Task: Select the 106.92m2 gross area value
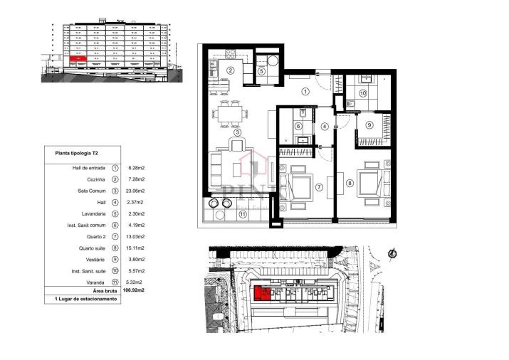pyautogui.click(x=135, y=290)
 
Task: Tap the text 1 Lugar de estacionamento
pyautogui.click(x=85, y=300)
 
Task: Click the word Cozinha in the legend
pyautogui.click(x=95, y=179)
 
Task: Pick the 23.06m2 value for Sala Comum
pyautogui.click(x=135, y=191)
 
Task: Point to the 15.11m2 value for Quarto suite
pyautogui.click(x=135, y=248)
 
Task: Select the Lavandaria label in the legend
pyautogui.click(x=91, y=213)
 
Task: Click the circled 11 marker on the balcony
pyautogui.click(x=242, y=213)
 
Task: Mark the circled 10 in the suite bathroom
pyautogui.click(x=362, y=93)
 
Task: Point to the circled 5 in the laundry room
pyautogui.click(x=261, y=71)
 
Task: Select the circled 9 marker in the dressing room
pyautogui.click(x=369, y=125)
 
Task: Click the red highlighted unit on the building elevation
pyautogui.click(x=80, y=61)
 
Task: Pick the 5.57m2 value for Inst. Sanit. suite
pyautogui.click(x=135, y=271)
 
